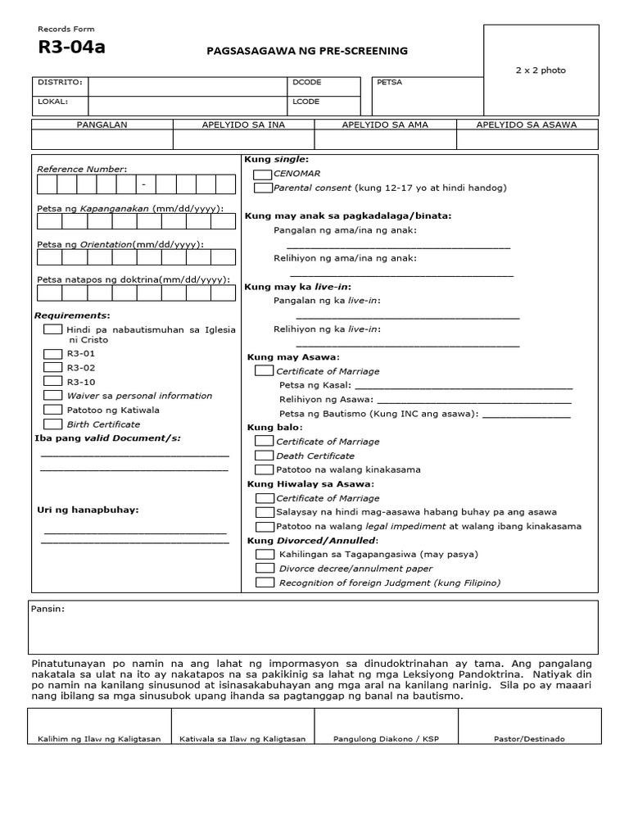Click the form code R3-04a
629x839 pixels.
point(72,48)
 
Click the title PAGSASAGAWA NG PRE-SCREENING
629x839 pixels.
point(307,51)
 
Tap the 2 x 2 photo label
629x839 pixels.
point(540,70)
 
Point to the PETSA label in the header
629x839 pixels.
point(390,83)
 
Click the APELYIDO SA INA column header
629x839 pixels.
point(243,125)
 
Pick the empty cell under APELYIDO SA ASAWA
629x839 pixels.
point(527,140)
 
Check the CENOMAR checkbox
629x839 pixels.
point(263,175)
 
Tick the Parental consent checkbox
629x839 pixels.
point(263,188)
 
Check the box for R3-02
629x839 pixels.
point(52,367)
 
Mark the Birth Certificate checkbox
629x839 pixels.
point(52,424)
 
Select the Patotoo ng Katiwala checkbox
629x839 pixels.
point(52,409)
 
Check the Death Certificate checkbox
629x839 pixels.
point(264,456)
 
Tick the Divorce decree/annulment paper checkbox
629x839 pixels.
point(264,568)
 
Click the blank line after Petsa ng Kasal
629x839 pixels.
point(464,386)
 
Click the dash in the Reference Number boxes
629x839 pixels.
point(144,184)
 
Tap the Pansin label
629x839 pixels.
point(48,610)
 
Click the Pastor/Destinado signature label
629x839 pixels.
point(529,738)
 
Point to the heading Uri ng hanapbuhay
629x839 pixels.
point(88,510)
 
